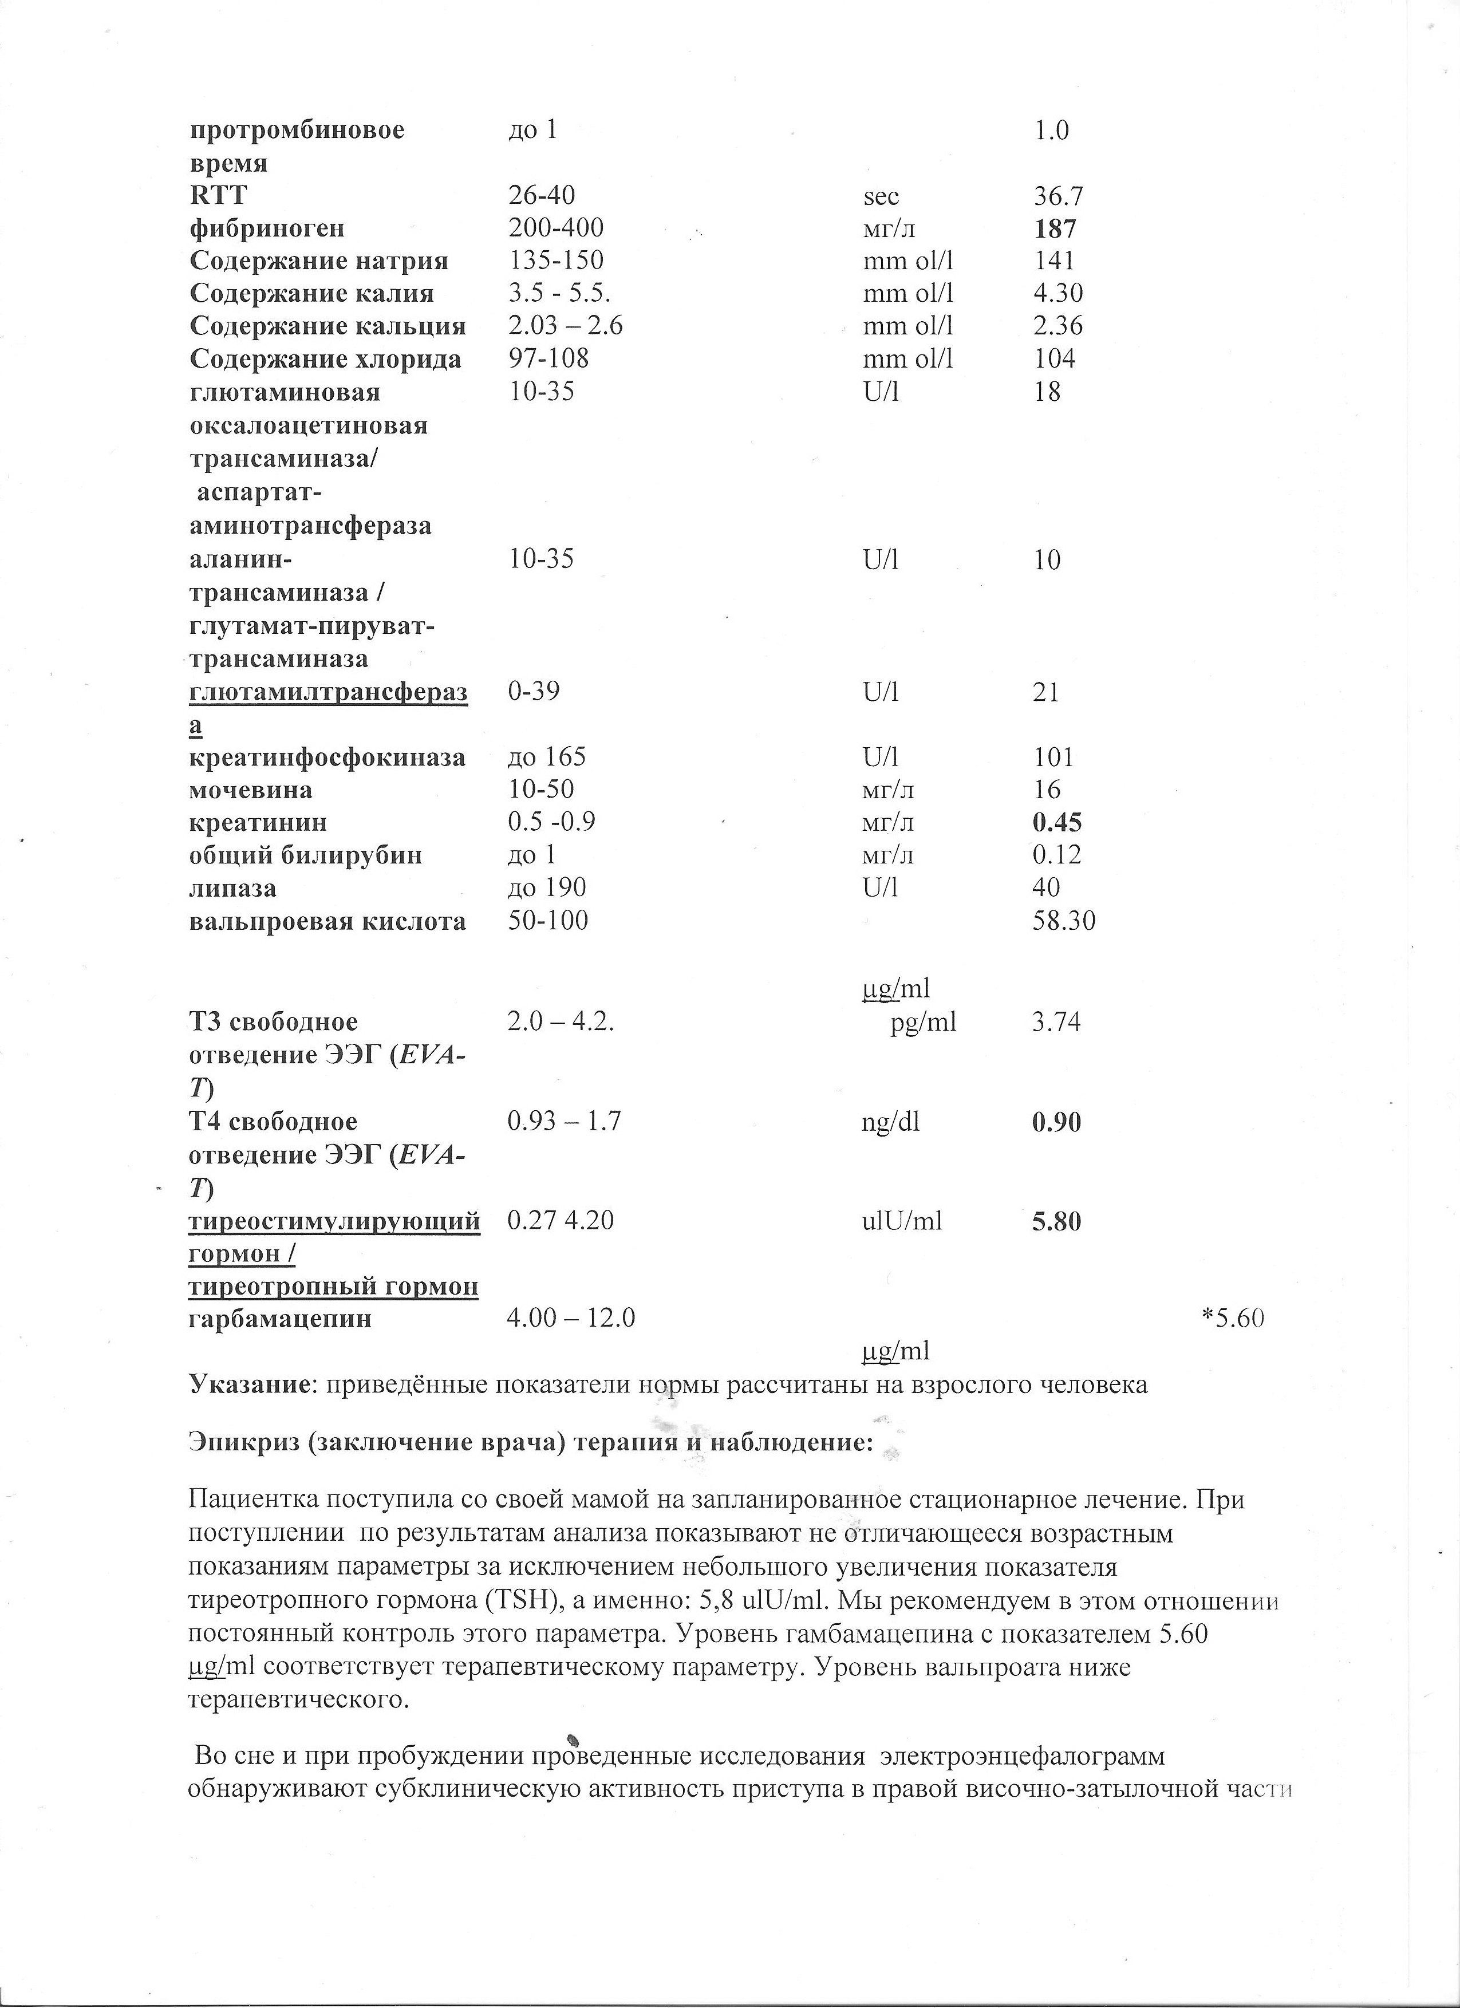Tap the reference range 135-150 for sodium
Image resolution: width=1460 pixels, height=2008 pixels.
pyautogui.click(x=555, y=261)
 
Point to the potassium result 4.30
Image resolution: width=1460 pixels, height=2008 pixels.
pyautogui.click(x=1058, y=293)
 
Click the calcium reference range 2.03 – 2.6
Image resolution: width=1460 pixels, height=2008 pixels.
pyautogui.click(x=565, y=326)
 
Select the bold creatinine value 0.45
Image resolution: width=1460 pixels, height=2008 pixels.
pyautogui.click(x=1057, y=823)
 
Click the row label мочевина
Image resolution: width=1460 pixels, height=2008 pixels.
pyautogui.click(x=251, y=789)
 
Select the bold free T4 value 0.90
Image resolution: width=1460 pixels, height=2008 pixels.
pyautogui.click(x=1056, y=1123)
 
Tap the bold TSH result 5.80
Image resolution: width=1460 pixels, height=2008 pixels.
pyautogui.click(x=1056, y=1222)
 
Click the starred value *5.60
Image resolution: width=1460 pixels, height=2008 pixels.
pyautogui.click(x=1233, y=1319)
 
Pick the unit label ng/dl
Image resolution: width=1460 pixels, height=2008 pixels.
pyautogui.click(x=890, y=1123)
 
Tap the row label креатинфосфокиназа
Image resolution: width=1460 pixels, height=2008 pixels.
pyautogui.click(x=327, y=757)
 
